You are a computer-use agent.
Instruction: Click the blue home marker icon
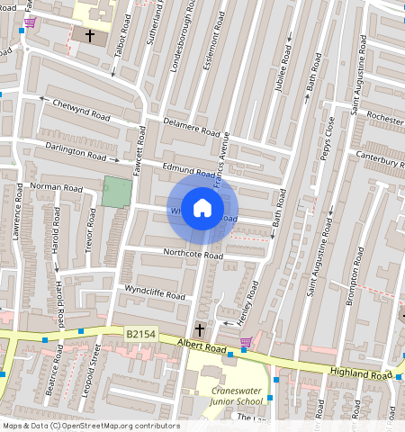tap(202, 209)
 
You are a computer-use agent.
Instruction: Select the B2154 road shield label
tap(139, 334)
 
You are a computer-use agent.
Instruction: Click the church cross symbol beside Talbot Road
tap(89, 35)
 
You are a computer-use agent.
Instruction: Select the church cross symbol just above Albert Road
tap(200, 330)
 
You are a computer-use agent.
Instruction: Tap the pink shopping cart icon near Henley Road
tap(246, 342)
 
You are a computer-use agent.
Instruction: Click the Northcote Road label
tap(193, 255)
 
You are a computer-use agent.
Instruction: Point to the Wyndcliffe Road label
tap(155, 292)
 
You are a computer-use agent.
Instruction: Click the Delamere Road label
tap(191, 128)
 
